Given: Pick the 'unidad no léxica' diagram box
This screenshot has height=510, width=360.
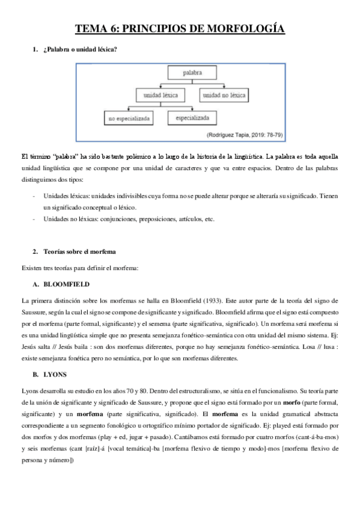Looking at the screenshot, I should pyautogui.click(x=225, y=96).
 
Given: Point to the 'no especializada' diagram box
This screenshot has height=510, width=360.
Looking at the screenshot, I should pyautogui.click(x=129, y=119).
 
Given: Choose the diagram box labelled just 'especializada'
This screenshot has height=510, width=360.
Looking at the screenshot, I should pyautogui.click(x=192, y=118).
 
